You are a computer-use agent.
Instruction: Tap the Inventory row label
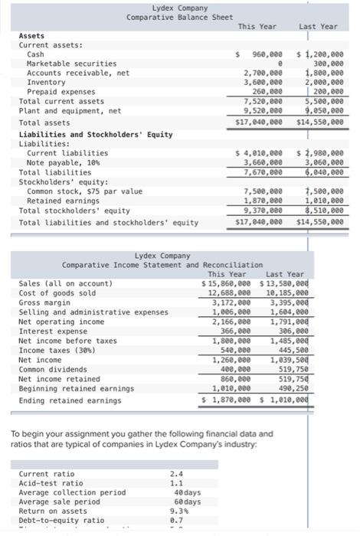click(43, 82)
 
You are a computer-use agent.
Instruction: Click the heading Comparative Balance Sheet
click(169, 17)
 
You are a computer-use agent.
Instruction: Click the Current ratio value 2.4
click(175, 473)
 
